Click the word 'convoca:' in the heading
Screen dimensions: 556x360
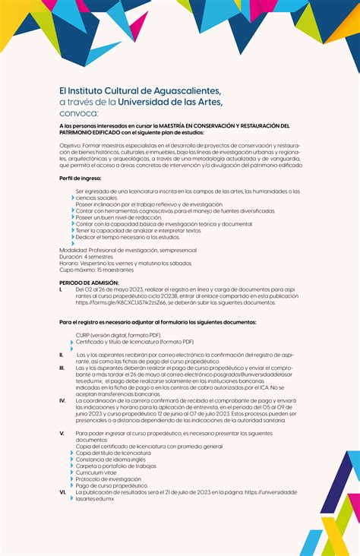point(78,112)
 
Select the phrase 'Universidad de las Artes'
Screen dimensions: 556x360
point(169,101)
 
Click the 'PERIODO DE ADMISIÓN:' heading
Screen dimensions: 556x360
point(88,283)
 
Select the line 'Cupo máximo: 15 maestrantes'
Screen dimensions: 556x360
point(96,270)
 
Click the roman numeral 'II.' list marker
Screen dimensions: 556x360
point(62,354)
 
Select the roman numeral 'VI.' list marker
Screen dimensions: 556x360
point(62,491)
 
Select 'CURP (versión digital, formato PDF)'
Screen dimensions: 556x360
point(118,335)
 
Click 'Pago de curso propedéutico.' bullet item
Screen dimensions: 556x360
point(112,485)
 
